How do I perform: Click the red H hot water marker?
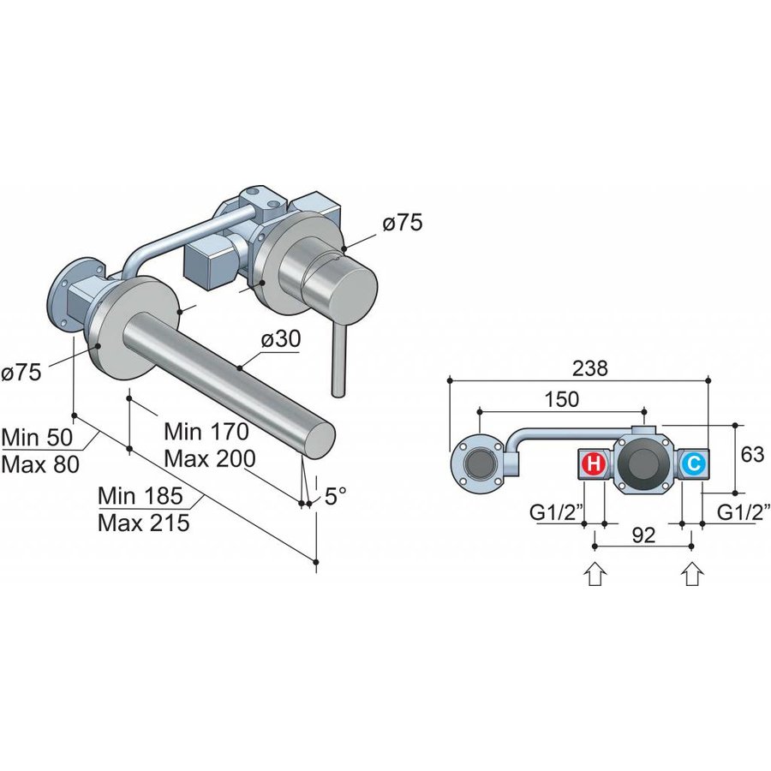(x=592, y=465)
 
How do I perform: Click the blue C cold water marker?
(x=694, y=465)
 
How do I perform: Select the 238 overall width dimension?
(x=591, y=369)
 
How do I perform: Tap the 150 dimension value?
(x=562, y=400)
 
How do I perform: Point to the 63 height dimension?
(x=752, y=455)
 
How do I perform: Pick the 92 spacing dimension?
(x=642, y=535)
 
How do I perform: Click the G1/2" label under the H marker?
(x=556, y=513)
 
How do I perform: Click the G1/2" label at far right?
(x=743, y=513)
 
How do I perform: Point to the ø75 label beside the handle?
(x=402, y=224)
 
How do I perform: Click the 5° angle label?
(x=335, y=496)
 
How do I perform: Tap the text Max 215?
(x=143, y=522)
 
